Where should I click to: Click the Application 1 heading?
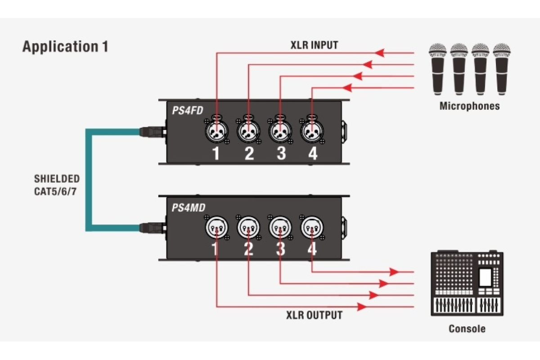(x=65, y=47)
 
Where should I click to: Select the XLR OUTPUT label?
(x=314, y=315)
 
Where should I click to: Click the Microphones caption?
(x=469, y=106)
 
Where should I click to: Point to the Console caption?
(x=467, y=328)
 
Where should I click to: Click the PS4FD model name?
(x=187, y=109)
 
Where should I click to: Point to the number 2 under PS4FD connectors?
(x=249, y=153)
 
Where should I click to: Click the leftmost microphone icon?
(x=437, y=67)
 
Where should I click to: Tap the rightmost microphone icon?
(x=502, y=67)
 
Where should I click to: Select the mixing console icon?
(x=467, y=283)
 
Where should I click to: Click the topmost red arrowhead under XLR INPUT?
(x=380, y=53)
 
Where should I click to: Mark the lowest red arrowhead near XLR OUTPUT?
(x=363, y=307)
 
